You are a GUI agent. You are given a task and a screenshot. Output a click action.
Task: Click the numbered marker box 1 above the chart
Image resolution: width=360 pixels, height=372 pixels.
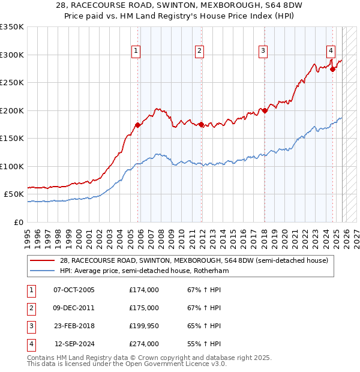(137, 52)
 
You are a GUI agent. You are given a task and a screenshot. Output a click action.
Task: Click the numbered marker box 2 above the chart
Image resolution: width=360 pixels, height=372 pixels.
(199, 52)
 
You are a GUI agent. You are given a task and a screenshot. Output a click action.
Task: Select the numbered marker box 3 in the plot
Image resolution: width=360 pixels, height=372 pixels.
(263, 52)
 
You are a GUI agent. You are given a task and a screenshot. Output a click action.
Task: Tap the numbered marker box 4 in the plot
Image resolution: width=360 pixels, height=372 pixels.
(331, 52)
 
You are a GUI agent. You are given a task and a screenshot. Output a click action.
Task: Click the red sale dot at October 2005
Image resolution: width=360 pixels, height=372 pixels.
(137, 125)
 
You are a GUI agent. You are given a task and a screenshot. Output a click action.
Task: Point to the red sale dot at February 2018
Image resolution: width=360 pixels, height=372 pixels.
(265, 110)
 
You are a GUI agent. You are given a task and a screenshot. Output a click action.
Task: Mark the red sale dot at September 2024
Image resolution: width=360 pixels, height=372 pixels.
(332, 69)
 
